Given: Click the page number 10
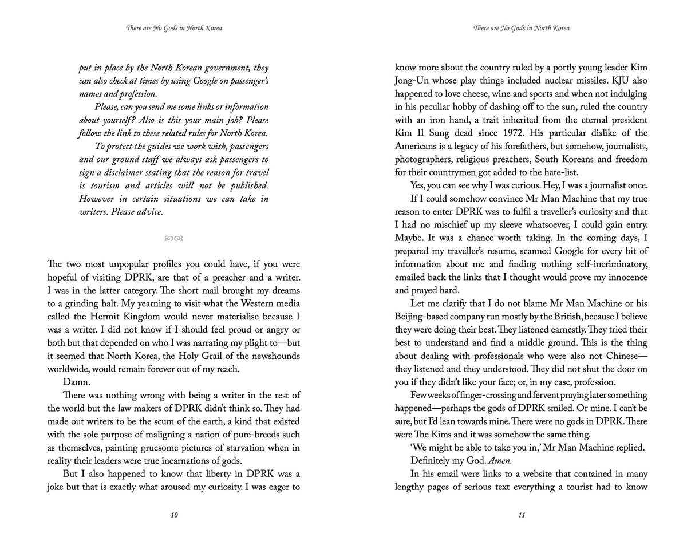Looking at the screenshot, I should [174, 515].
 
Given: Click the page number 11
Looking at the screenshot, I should [521, 515].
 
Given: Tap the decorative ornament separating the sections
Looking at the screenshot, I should [173, 238].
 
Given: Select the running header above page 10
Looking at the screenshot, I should [174, 28].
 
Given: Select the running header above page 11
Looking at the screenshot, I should [521, 28].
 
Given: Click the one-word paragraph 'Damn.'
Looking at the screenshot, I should [76, 382].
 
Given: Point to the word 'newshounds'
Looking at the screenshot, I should [275, 356].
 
